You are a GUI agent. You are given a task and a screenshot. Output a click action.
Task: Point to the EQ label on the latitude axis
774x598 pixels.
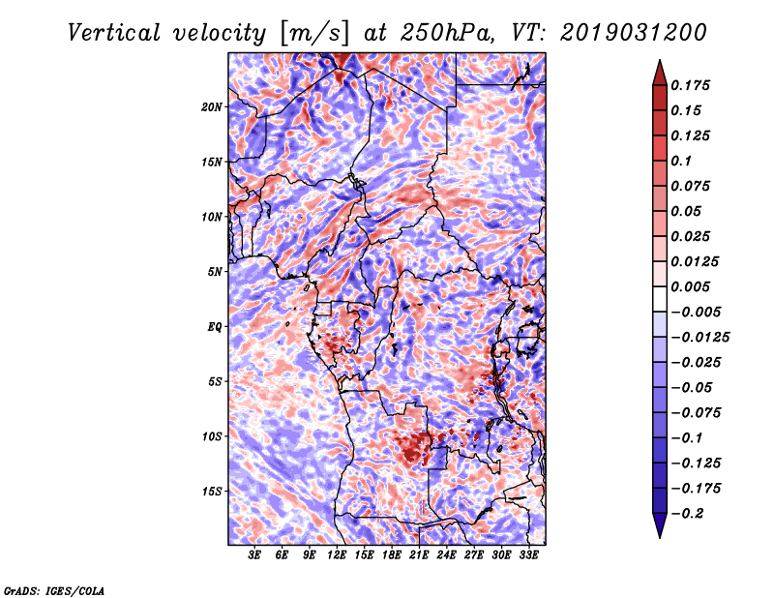click(x=215, y=326)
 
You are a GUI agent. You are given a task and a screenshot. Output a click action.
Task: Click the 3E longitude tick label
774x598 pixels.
click(x=255, y=555)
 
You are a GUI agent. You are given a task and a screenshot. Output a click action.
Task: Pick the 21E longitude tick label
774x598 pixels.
click(x=419, y=555)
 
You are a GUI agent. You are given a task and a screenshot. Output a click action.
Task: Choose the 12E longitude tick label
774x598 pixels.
click(x=337, y=555)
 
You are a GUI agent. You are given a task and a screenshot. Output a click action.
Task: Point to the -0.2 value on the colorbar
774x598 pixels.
click(x=691, y=513)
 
